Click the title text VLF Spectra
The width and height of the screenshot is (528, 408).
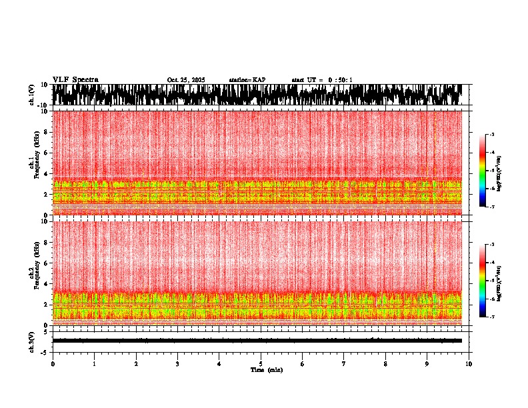(x=75, y=79)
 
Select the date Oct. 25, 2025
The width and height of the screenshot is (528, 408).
(x=186, y=80)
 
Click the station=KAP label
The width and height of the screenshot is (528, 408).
(x=247, y=80)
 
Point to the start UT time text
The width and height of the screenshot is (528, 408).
(x=322, y=80)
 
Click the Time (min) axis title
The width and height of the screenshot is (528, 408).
(x=266, y=370)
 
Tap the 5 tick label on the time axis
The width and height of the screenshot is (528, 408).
(x=261, y=364)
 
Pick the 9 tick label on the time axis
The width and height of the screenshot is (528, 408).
(x=427, y=364)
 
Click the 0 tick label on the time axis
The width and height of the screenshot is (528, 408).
(x=53, y=364)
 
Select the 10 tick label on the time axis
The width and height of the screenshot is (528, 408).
(x=469, y=364)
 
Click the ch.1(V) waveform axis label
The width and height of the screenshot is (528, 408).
(x=32, y=95)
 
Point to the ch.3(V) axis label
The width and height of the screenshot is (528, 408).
(x=32, y=340)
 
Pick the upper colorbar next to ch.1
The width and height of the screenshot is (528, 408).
(x=483, y=171)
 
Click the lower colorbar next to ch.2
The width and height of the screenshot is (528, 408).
(x=483, y=281)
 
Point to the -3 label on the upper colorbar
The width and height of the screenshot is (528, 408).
(x=491, y=135)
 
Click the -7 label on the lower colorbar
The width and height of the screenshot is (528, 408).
(x=491, y=317)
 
